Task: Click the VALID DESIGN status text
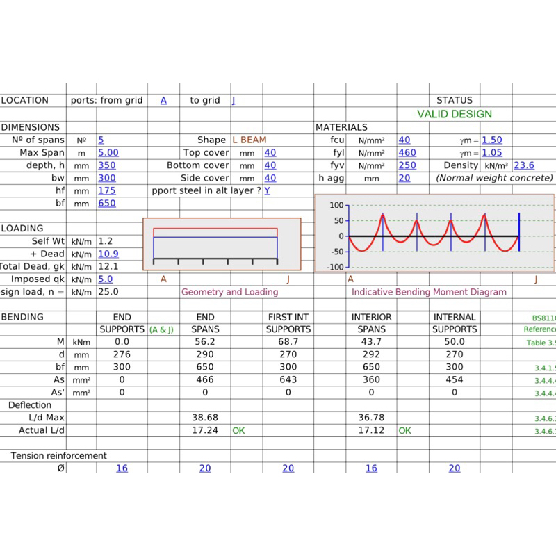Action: (455, 114)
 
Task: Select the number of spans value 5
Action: (101, 140)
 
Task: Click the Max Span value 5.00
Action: (108, 153)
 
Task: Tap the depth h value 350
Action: (106, 165)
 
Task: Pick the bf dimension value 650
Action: (106, 204)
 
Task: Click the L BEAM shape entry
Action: (250, 140)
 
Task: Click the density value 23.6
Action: (523, 165)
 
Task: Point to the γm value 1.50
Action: (491, 140)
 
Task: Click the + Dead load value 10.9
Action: (108, 254)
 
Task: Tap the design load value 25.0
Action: (108, 292)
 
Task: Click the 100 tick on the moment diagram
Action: (336, 206)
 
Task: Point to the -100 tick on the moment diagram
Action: (334, 267)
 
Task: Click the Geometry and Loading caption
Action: (229, 292)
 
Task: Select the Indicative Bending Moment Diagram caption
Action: (429, 292)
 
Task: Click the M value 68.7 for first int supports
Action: (288, 342)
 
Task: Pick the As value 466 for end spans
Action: (205, 379)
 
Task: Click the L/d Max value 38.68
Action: (205, 418)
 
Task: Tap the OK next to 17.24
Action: (239, 431)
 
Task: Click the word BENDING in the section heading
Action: (22, 317)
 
